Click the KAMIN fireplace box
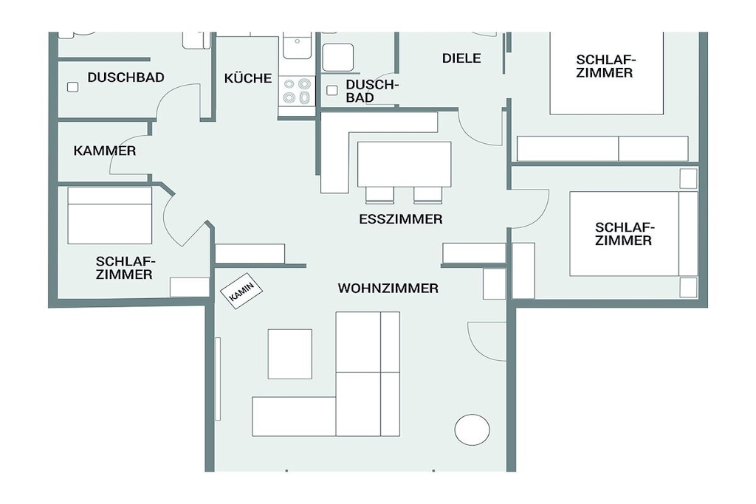click(241, 291)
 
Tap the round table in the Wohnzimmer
click(472, 429)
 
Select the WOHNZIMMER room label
click(388, 288)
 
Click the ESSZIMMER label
click(401, 219)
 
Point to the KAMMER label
click(105, 151)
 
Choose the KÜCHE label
click(248, 78)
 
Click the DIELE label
click(461, 58)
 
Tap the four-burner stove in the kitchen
click(297, 91)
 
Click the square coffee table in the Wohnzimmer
click(289, 353)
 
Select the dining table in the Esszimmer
click(404, 165)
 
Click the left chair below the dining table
click(380, 195)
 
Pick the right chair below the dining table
click(427, 195)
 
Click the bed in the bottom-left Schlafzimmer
click(110, 215)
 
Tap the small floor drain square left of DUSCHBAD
click(73, 87)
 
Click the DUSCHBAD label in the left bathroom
click(126, 77)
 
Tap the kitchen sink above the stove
click(297, 46)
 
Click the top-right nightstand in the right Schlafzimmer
click(688, 179)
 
